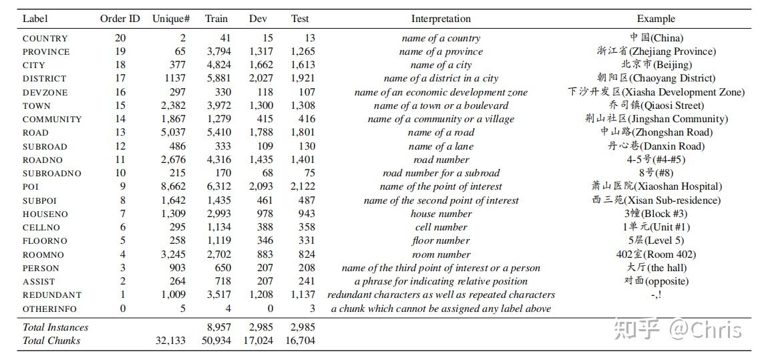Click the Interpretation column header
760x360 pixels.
441,19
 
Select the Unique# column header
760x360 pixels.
169,19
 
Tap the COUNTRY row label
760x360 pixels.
45,39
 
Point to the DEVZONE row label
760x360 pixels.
45,93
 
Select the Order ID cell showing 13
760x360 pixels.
120,133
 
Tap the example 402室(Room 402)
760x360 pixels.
656,254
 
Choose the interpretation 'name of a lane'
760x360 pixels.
441,146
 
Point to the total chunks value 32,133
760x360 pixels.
170,341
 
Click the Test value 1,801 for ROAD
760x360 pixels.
302,133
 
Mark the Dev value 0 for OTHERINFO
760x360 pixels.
270,309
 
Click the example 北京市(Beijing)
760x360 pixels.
656,65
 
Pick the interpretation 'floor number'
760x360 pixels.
441,241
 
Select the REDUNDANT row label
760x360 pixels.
52,295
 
